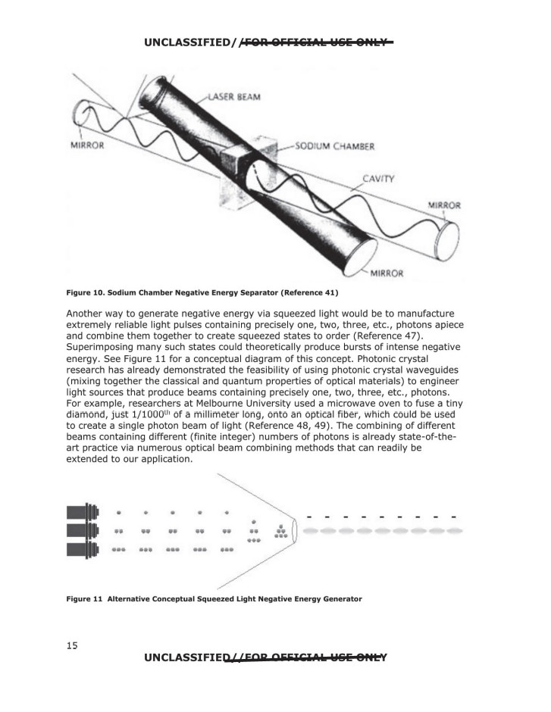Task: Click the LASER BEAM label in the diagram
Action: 234,97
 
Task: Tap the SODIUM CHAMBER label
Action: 335,146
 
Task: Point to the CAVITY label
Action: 378,179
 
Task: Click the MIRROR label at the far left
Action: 87,145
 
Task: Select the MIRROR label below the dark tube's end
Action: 387,273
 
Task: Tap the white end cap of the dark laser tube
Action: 360,258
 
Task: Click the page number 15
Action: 72,645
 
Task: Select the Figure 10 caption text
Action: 202,292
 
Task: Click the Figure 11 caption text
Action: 214,599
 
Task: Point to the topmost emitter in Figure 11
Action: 83,512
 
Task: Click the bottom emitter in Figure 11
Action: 83,549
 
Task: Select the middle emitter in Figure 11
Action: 83,530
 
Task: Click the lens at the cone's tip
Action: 294,530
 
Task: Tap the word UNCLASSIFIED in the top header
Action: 187,42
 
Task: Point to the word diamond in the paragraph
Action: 86,414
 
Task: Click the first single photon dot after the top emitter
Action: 118,512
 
